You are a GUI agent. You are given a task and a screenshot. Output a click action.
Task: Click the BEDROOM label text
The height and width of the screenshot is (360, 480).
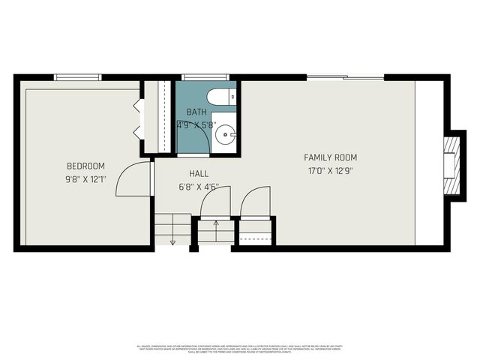[x=85, y=166]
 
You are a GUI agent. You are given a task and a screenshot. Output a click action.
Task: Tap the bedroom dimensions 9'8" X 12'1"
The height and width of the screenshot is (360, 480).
[x=85, y=179]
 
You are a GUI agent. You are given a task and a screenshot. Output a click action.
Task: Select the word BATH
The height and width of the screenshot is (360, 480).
[x=196, y=112]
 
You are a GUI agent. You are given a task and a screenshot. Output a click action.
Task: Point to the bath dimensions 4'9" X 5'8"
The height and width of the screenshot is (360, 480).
[x=196, y=125]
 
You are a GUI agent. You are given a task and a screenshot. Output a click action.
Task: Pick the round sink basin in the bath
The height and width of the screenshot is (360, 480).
[x=224, y=136]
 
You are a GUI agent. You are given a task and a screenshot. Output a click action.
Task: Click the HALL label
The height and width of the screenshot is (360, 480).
[x=199, y=173]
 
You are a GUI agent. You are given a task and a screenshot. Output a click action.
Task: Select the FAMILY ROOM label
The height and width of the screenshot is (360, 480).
[x=330, y=157]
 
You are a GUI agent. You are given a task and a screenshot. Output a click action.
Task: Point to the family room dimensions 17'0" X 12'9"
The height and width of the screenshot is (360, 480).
[x=330, y=171]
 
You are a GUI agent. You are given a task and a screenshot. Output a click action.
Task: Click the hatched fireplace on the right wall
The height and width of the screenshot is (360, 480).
[x=451, y=165]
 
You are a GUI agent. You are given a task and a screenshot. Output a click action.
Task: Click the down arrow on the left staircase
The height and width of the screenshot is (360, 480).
[x=172, y=241]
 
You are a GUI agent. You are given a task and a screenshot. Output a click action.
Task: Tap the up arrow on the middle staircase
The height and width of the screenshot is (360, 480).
[x=215, y=223]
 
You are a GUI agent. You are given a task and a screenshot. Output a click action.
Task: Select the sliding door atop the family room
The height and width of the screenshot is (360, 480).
[x=345, y=76]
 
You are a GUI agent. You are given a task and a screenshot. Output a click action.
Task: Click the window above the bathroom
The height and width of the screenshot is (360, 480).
[x=205, y=76]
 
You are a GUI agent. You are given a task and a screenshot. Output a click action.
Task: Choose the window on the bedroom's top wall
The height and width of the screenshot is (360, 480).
[x=78, y=76]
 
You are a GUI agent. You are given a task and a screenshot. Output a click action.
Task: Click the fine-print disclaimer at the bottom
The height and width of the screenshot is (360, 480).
[x=240, y=348]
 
